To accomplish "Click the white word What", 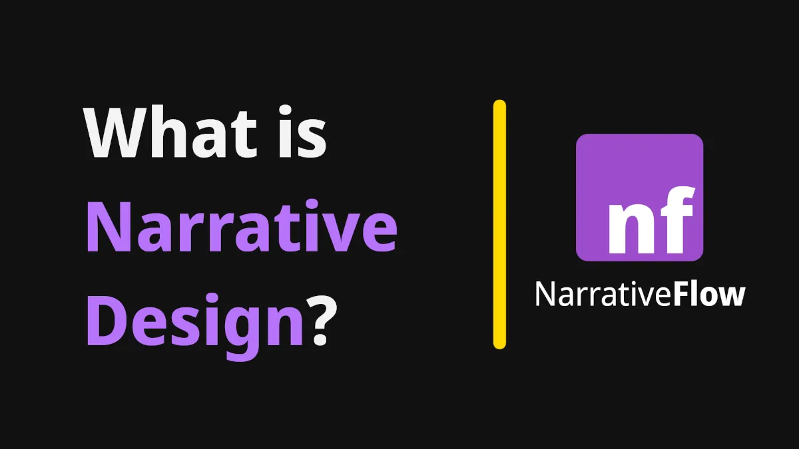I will coord(170,133).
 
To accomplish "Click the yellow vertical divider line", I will coord(499,224).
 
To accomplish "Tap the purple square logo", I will coord(639,197).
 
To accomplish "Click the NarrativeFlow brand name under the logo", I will coord(639,295).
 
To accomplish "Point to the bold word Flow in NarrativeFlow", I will coord(708,295).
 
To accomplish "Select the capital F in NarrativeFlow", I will coord(681,295).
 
